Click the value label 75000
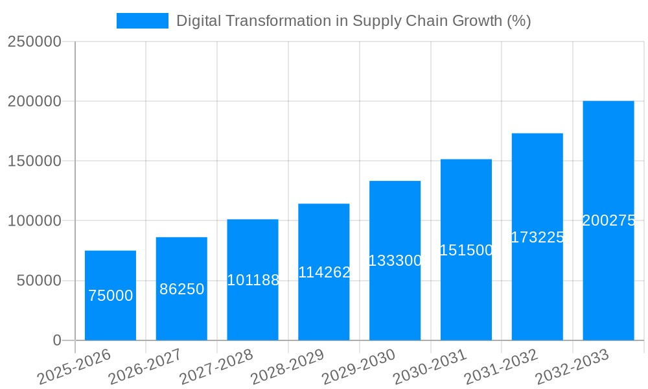(x=110, y=296)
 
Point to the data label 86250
(x=181, y=289)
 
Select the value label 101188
(x=253, y=280)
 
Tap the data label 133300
(x=395, y=261)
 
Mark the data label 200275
(x=608, y=220)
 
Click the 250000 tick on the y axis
(x=34, y=42)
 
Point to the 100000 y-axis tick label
(x=34, y=221)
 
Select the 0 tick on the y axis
(x=56, y=340)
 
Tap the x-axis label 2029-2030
(x=358, y=367)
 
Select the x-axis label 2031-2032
(x=501, y=367)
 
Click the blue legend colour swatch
(x=142, y=21)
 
